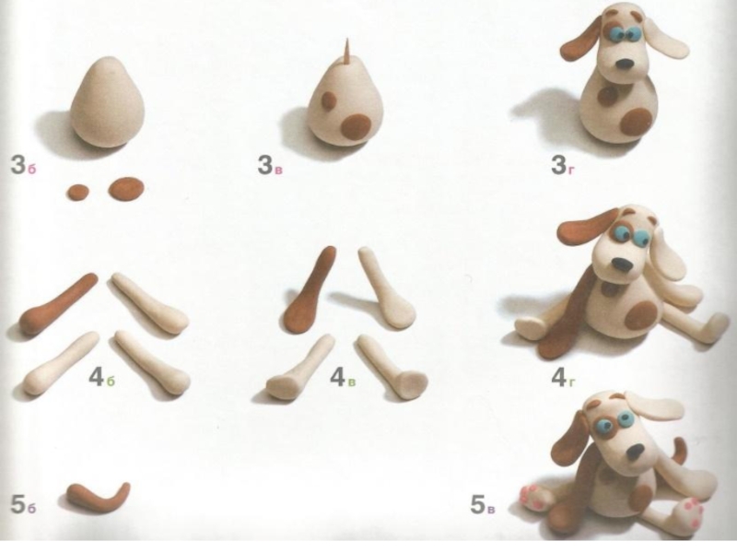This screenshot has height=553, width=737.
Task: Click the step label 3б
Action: (23, 166)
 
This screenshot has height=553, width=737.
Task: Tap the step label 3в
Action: (270, 166)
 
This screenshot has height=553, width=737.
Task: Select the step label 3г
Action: (563, 166)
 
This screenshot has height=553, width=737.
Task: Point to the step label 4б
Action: (101, 377)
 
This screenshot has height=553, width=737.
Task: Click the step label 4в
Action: (343, 377)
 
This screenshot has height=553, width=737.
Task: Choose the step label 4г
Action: (563, 377)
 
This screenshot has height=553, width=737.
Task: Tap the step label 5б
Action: (23, 505)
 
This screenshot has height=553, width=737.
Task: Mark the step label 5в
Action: (482, 505)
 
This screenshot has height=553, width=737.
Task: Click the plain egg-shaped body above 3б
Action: (108, 101)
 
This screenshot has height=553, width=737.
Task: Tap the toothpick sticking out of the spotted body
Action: (348, 52)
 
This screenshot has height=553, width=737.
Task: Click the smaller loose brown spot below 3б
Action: (78, 192)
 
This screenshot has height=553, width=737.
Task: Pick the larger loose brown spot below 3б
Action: (126, 189)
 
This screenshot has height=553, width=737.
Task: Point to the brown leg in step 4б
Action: (56, 305)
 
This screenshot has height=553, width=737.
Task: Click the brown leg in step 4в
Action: (310, 294)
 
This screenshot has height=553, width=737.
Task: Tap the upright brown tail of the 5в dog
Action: (678, 453)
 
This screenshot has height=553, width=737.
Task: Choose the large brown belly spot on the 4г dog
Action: (640, 315)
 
